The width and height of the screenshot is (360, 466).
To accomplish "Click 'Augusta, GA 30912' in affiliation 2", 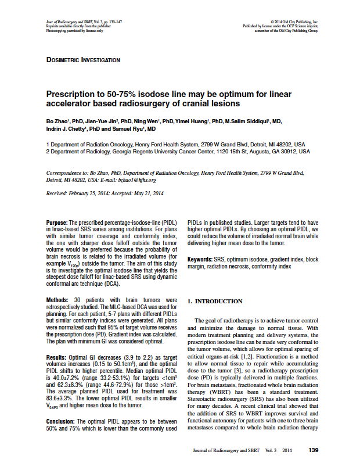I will (x=285, y=151).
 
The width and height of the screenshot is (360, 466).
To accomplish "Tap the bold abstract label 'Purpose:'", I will (x=57, y=223).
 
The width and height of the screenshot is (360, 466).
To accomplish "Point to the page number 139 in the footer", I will (x=314, y=450).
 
